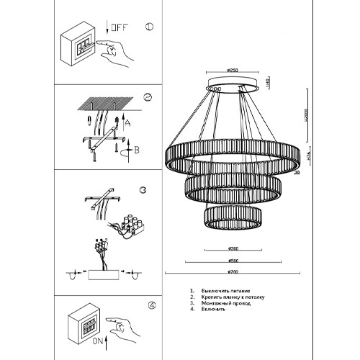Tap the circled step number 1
coord(149,27)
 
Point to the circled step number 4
coord(151,305)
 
